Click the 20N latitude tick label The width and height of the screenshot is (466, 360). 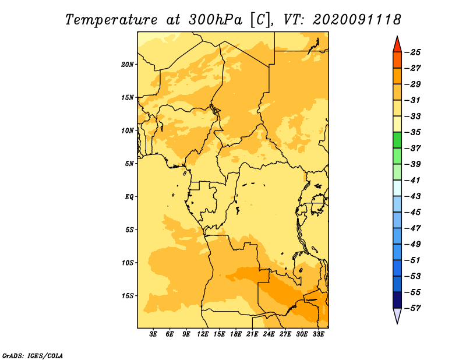(x=128, y=65)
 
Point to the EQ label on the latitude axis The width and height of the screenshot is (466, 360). (x=129, y=197)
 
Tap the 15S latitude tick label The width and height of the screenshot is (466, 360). (x=128, y=296)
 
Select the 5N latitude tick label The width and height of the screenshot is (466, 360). (x=129, y=164)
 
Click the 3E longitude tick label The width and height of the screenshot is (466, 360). (x=153, y=334)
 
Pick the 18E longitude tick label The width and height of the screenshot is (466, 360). (x=236, y=334)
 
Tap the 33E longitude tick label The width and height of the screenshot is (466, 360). (x=318, y=334)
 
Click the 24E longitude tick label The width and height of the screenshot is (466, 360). (x=269, y=334)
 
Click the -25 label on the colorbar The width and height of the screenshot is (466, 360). (x=413, y=52)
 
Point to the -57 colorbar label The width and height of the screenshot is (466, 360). (x=413, y=308)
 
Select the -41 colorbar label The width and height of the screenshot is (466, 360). (x=413, y=180)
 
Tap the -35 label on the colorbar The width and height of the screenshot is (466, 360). (x=413, y=132)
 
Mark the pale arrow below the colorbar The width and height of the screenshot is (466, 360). (x=397, y=315)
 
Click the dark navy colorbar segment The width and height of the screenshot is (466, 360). (x=397, y=300)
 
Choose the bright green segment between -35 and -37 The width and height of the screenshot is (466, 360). (x=397, y=140)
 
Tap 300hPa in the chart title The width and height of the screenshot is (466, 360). (x=216, y=20)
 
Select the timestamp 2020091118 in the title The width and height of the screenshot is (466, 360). (x=356, y=20)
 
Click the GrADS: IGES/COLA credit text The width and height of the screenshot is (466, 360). (x=33, y=355)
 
